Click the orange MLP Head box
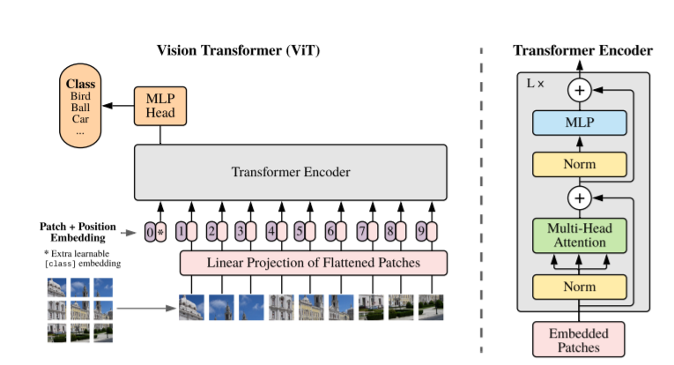[x=159, y=106]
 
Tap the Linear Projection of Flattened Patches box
[x=314, y=263]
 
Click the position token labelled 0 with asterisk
[x=155, y=233]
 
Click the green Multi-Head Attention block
[x=579, y=235]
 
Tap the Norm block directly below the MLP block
[x=579, y=164]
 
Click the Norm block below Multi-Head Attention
[x=579, y=287]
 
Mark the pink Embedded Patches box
[x=579, y=339]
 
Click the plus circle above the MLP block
[x=579, y=89]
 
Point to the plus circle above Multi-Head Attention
[x=579, y=197]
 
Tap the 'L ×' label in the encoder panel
[x=535, y=83]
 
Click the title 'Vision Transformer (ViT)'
[x=238, y=50]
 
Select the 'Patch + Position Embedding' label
[x=78, y=232]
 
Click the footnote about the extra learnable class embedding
[x=81, y=257]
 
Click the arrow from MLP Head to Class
[x=118, y=106]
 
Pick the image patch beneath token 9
[x=431, y=307]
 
